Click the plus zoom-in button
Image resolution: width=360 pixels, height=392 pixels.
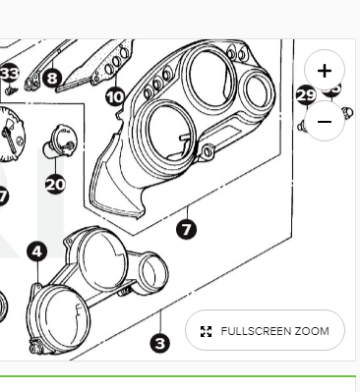click(x=325, y=71)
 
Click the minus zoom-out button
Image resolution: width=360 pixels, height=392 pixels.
click(x=325, y=122)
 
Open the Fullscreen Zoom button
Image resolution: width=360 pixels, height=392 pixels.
click(x=265, y=330)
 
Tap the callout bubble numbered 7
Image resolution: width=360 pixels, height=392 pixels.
click(x=186, y=229)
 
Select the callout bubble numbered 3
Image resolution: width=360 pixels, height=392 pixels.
click(x=160, y=343)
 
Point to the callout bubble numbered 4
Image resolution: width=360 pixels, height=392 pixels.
click(x=37, y=252)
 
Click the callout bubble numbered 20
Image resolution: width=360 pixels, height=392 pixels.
click(x=55, y=184)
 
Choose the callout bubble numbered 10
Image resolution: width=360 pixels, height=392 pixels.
click(x=115, y=97)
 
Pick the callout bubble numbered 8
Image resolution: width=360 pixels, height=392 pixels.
click(x=52, y=79)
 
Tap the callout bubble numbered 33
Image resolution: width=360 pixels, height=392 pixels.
click(x=9, y=74)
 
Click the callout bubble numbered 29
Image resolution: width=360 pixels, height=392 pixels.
click(x=306, y=95)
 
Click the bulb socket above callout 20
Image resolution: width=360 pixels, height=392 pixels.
click(x=59, y=140)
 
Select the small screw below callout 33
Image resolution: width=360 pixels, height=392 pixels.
click(x=11, y=90)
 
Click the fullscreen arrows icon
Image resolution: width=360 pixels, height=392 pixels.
click(x=206, y=331)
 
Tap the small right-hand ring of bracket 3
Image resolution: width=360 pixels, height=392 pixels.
click(x=152, y=273)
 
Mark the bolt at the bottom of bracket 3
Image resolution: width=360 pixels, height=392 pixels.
click(x=35, y=348)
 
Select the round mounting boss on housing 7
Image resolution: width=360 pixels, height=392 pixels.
click(x=208, y=151)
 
